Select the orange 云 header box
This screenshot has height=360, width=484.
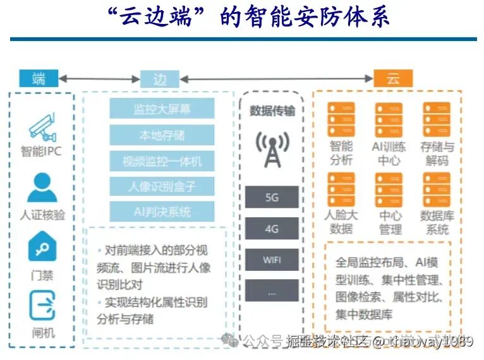coord(392,79)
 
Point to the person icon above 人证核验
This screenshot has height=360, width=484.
coord(42,188)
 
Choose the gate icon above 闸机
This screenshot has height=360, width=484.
coord(42,306)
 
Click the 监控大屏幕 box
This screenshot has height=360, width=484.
coord(162,109)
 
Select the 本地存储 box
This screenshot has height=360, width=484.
coord(162,135)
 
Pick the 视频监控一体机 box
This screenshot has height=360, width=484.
coord(162,161)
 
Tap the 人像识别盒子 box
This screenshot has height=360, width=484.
coord(162,186)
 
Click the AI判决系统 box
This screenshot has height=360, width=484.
coord(162,212)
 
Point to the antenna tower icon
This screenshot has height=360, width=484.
coord(272,149)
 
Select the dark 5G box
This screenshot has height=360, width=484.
coord(272,198)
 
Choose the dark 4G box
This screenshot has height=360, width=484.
coord(272,229)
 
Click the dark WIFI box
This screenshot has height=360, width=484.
coord(272,260)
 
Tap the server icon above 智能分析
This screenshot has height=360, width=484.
coord(341,119)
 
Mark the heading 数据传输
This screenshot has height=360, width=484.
coord(272,111)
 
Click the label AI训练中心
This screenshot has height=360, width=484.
coord(389,153)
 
